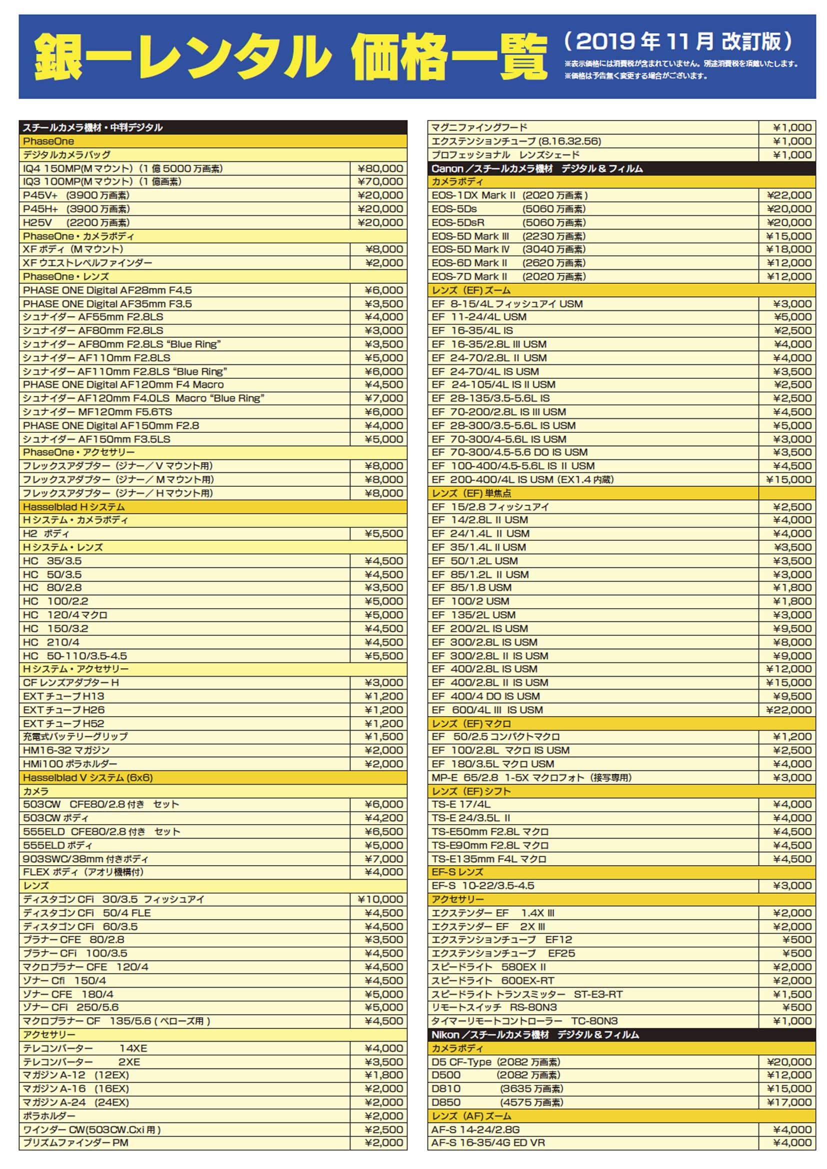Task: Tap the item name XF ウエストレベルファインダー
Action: click(87, 263)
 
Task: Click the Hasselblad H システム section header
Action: click(74, 507)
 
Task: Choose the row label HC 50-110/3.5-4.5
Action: click(75, 656)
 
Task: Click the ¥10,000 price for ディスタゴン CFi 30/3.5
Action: click(380, 899)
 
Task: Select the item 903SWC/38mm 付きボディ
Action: click(85, 859)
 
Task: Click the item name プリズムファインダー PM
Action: click(75, 1143)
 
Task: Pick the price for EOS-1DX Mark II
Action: click(789, 195)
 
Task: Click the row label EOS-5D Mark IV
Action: click(470, 249)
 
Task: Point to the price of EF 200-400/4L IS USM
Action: click(789, 479)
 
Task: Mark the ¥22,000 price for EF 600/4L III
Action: click(789, 710)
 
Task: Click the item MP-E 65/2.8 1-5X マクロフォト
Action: click(531, 778)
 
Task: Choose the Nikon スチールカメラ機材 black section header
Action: click(534, 1035)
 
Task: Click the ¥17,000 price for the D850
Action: click(789, 1103)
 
